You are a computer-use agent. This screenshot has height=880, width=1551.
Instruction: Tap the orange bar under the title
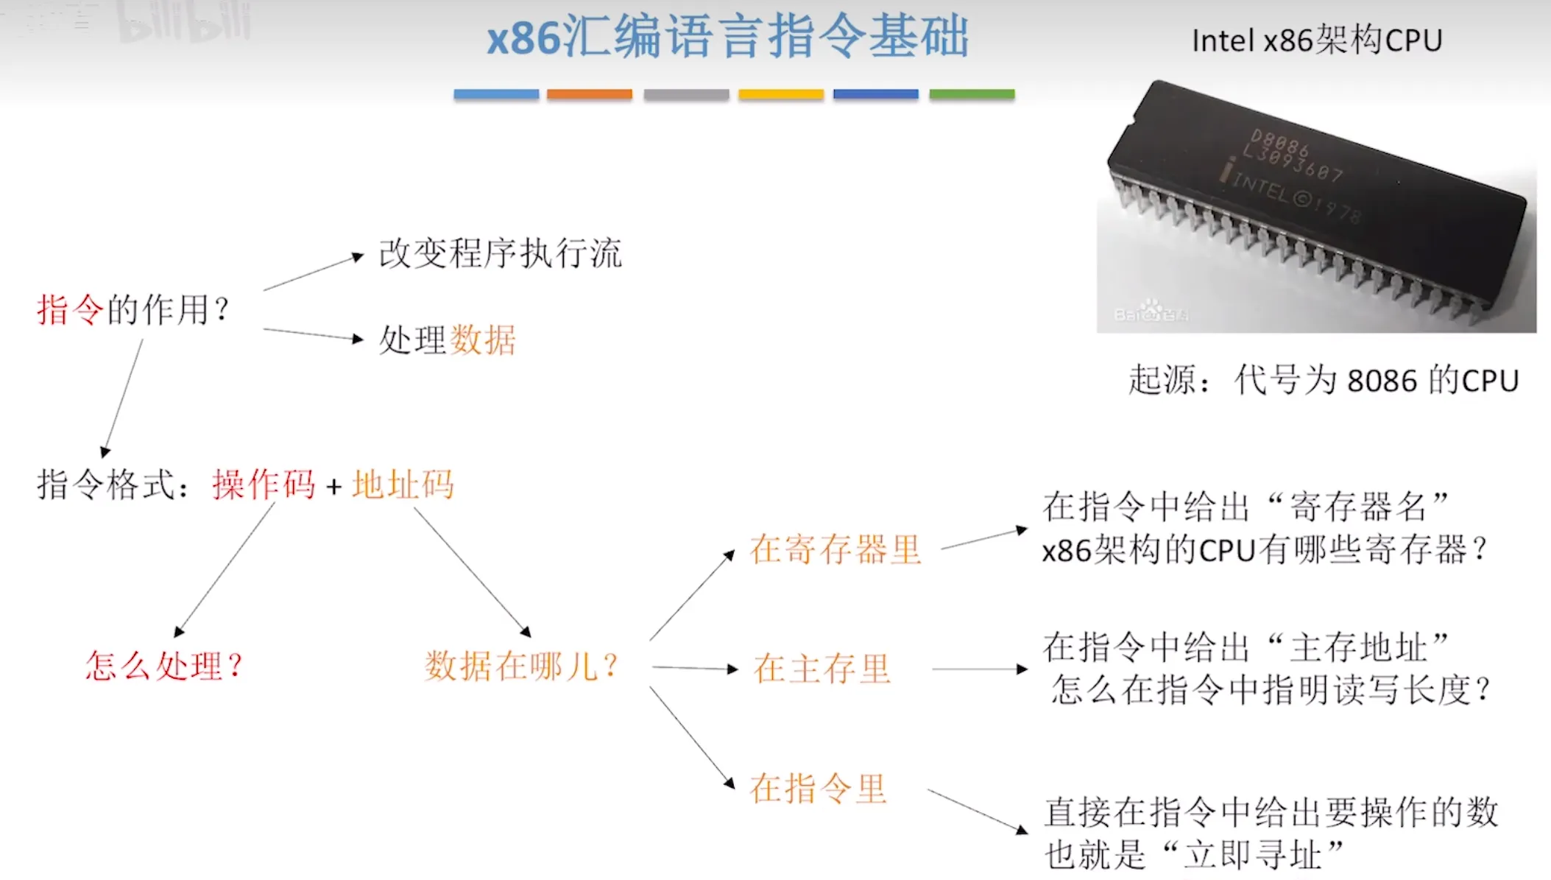pos(589,94)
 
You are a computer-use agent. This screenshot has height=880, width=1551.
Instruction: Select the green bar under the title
pos(972,94)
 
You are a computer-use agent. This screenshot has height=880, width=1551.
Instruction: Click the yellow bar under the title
pos(780,94)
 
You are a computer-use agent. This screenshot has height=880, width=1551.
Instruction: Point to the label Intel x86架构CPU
pos(1316,41)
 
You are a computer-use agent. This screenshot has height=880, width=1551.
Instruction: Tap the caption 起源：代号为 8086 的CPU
pos(1324,381)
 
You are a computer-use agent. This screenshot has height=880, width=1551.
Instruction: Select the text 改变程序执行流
pos(500,254)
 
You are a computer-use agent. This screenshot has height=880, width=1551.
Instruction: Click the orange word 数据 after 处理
pos(482,340)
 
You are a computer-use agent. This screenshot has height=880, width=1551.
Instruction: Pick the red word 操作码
pos(264,485)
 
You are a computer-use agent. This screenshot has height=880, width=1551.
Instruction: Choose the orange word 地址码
pos(403,485)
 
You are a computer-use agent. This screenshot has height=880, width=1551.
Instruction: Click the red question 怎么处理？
pos(163,666)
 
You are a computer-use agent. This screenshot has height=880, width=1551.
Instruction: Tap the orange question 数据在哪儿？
pos(521,666)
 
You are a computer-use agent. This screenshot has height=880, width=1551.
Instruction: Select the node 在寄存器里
pos(835,549)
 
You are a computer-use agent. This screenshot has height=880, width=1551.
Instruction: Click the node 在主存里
pos(822,669)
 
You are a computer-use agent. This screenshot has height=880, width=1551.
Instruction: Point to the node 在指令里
pos(818,789)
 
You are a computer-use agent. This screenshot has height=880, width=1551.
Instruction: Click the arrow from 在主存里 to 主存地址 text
pos(979,669)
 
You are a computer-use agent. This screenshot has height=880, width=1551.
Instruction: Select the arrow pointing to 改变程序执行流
pos(313,272)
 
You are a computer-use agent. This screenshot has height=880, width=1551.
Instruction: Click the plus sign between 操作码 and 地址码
pos(334,486)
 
